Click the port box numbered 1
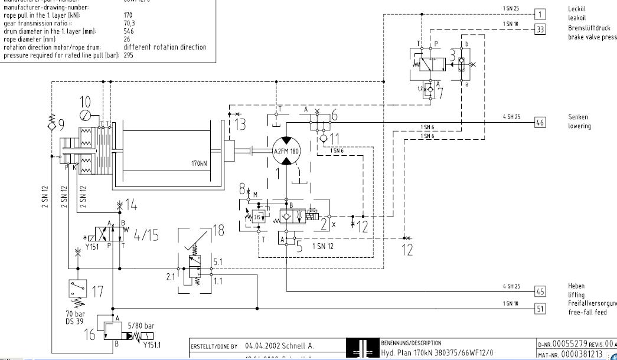coord(541,14)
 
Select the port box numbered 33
coord(541,28)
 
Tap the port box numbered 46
coord(540,122)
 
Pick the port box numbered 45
coord(540,291)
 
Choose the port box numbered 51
coord(540,307)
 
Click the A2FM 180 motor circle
coord(286,152)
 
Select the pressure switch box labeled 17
coord(77,291)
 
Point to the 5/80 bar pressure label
coord(141,325)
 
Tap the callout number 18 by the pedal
coord(218,231)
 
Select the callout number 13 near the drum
coord(240,123)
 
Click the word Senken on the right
coord(578,117)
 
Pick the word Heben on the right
coord(576,286)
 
